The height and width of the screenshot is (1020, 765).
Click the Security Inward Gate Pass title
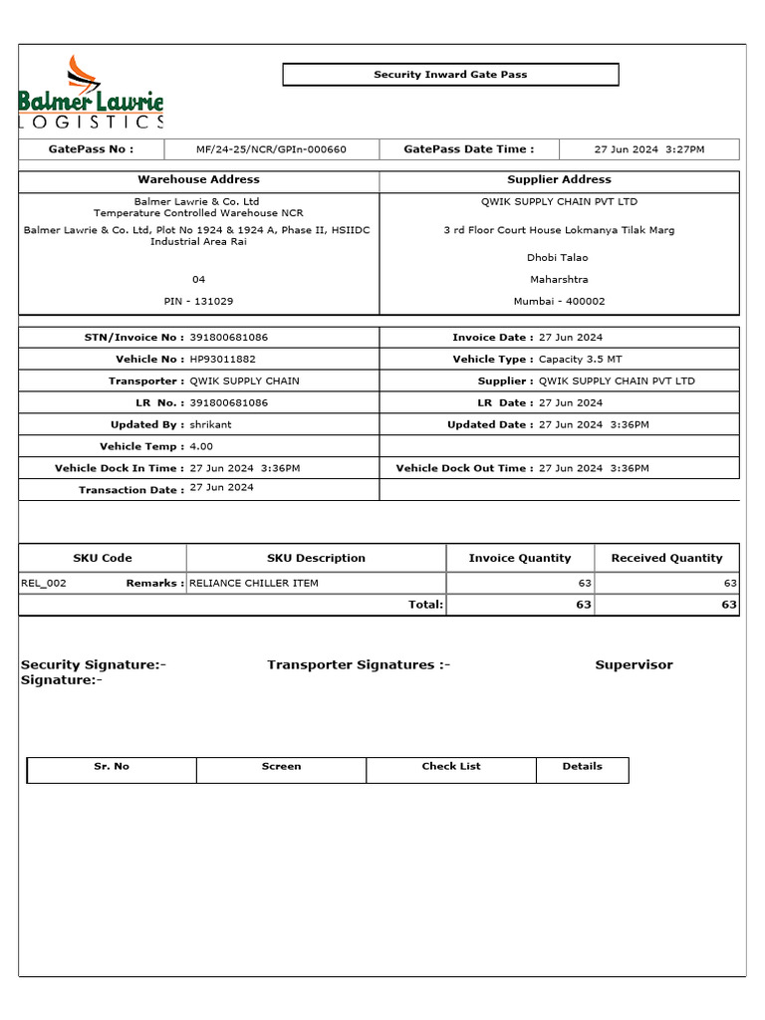(x=450, y=75)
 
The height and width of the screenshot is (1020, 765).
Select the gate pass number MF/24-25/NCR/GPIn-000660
(x=271, y=149)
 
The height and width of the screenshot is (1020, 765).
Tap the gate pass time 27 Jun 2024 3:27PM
(x=648, y=149)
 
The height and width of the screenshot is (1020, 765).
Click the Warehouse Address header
(x=198, y=179)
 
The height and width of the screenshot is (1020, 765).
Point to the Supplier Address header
(x=559, y=179)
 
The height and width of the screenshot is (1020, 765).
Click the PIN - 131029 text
(x=198, y=301)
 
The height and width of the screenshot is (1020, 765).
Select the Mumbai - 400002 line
(x=559, y=301)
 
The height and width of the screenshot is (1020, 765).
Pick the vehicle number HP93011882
(x=222, y=359)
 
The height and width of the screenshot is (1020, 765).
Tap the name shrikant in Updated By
(x=210, y=424)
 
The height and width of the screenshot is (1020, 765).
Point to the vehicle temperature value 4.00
(x=201, y=446)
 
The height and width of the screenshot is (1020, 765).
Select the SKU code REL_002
(x=44, y=583)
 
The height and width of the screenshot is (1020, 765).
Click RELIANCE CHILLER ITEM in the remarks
(x=254, y=583)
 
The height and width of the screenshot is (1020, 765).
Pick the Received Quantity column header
(x=666, y=558)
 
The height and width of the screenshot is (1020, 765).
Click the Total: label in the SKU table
(x=425, y=605)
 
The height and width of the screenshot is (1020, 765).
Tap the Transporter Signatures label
(x=359, y=665)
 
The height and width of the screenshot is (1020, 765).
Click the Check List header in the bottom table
(x=450, y=766)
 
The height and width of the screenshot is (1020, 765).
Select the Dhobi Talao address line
(x=558, y=257)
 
